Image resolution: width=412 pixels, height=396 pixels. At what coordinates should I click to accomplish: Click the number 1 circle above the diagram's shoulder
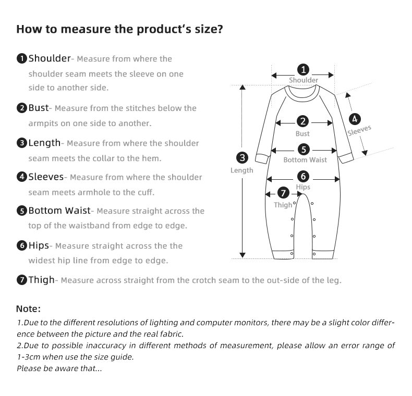coord(303,69)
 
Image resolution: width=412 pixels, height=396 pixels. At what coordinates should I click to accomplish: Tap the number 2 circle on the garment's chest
coord(302,122)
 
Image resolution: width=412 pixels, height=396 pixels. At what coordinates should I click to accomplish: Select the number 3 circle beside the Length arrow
coord(242,157)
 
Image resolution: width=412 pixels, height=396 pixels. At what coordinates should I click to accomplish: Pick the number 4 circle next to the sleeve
coord(355,119)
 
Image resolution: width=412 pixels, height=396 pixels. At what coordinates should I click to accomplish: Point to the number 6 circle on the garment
coord(303,176)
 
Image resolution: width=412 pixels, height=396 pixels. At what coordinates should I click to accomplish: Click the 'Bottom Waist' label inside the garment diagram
coord(305,160)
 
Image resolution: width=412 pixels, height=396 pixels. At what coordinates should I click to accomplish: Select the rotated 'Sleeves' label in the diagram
coord(359,130)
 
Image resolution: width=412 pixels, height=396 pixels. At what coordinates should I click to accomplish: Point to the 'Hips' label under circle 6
coord(303,187)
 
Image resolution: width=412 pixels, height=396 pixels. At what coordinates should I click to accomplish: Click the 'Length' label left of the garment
coord(242,170)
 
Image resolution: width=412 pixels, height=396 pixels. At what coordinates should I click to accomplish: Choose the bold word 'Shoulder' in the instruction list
coord(50,58)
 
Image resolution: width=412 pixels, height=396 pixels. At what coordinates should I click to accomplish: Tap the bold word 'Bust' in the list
coord(38,108)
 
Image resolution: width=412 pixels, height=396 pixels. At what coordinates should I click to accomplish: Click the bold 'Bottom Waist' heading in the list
coord(59,211)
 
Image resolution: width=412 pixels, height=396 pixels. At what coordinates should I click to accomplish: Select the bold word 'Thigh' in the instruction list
coord(41,280)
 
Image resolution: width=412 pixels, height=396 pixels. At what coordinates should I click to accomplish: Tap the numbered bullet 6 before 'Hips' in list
coord(22,246)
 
